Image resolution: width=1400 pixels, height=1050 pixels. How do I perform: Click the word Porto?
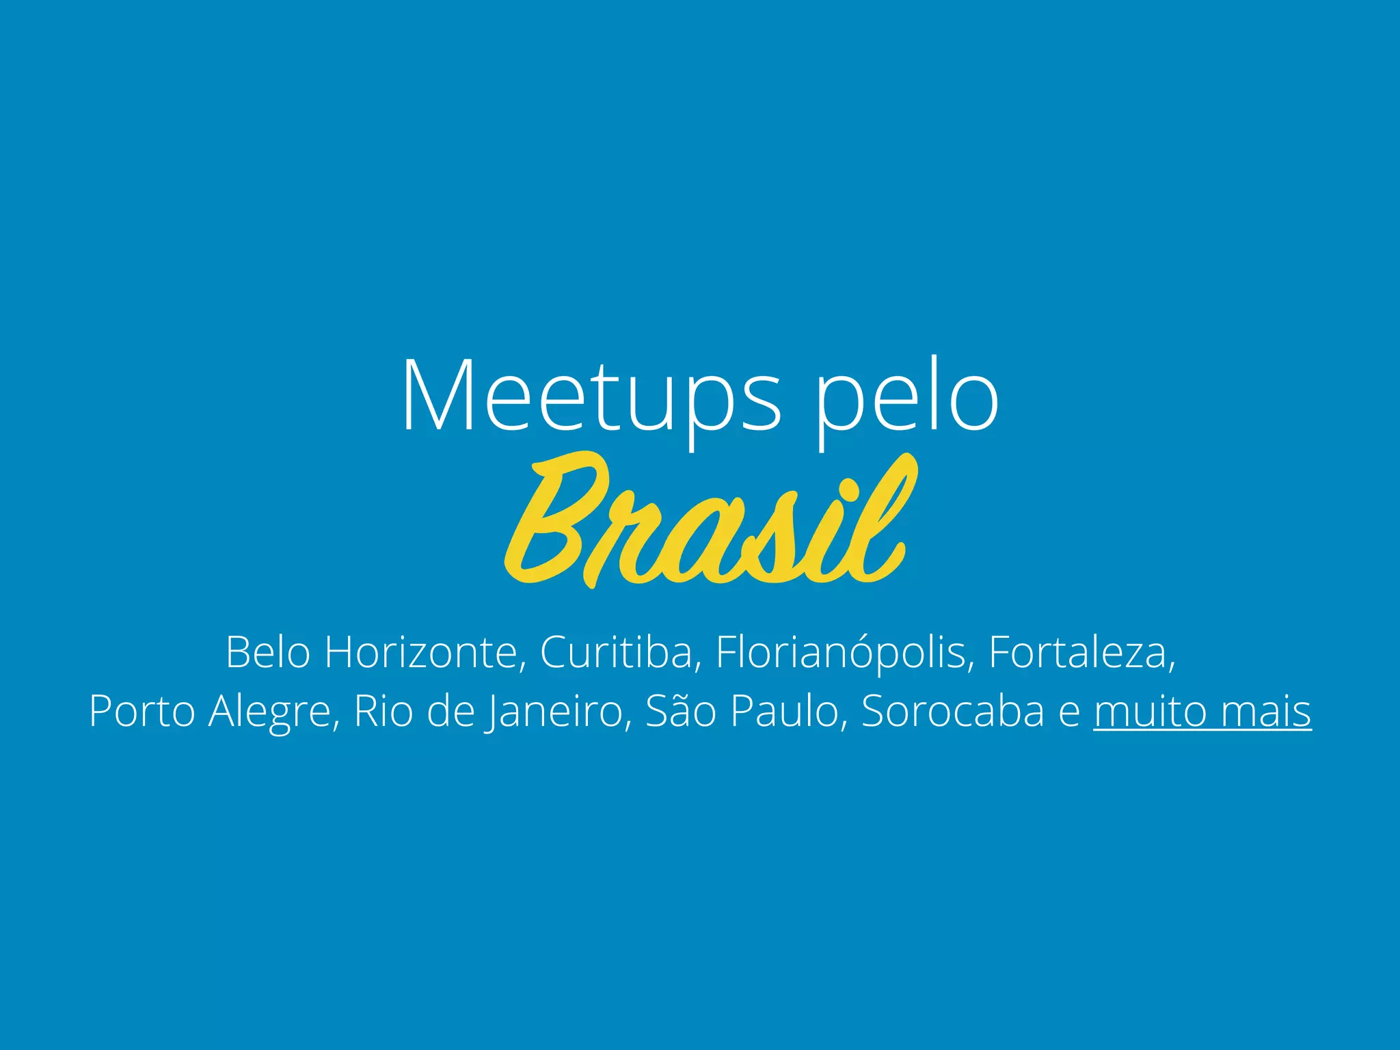[x=142, y=712]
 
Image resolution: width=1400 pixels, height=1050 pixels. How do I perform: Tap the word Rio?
[x=383, y=712]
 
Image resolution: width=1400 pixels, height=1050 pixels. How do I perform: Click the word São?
[x=681, y=712]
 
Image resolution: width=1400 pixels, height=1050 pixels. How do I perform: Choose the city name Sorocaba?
[x=953, y=712]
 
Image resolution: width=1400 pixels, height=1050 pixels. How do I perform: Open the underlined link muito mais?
[x=1202, y=712]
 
